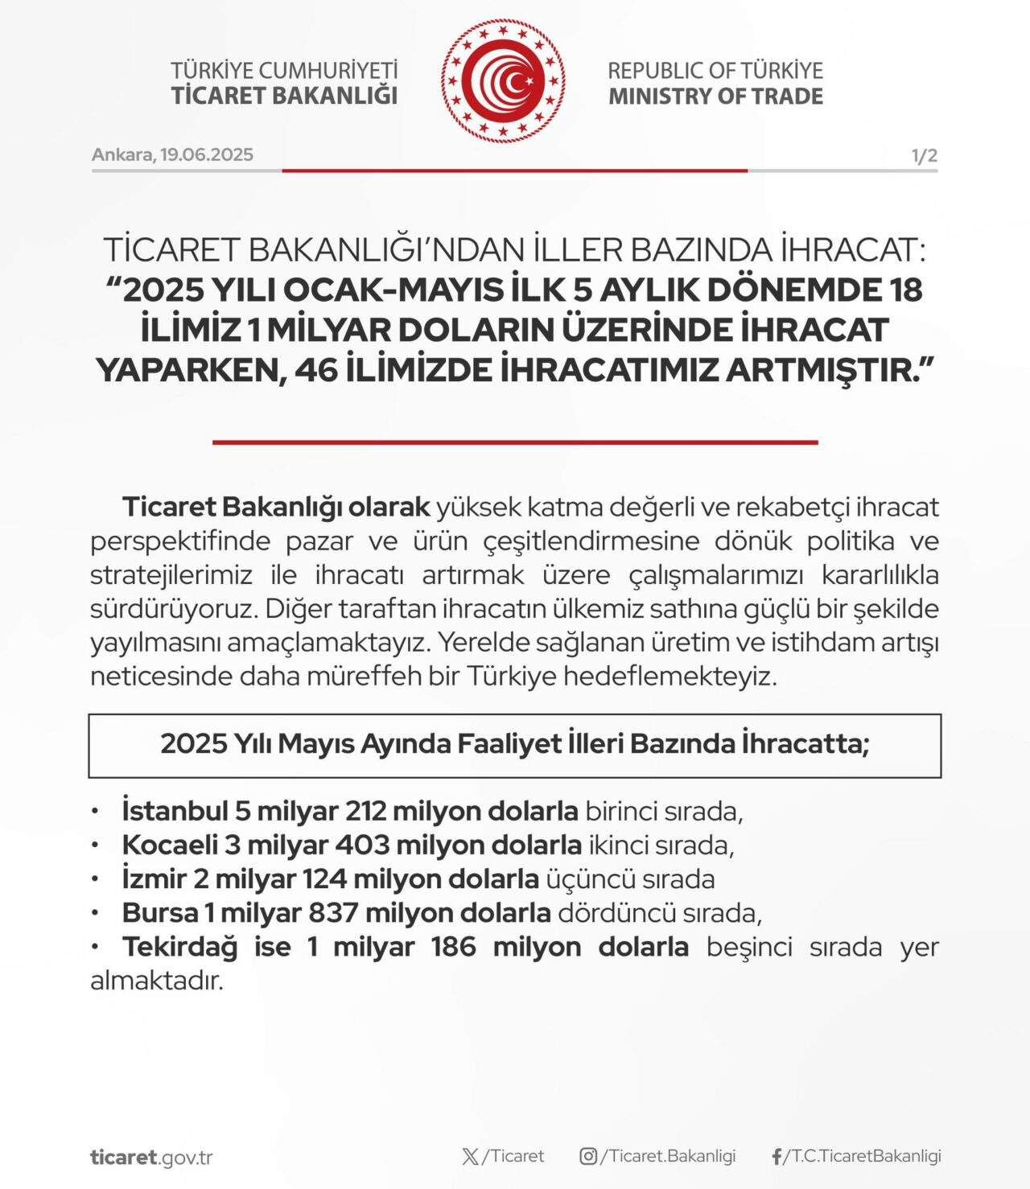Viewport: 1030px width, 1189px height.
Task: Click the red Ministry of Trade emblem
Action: point(503,81)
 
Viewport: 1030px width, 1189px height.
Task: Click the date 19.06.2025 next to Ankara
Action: point(207,154)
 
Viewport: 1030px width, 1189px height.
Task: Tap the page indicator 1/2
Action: point(925,155)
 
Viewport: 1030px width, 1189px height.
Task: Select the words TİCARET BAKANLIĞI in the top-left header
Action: point(284,96)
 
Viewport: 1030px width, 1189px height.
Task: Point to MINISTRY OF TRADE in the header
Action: point(715,97)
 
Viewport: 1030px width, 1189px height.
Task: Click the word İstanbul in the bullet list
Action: point(174,811)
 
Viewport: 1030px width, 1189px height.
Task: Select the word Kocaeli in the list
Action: point(170,845)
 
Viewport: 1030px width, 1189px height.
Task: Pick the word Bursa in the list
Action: point(160,913)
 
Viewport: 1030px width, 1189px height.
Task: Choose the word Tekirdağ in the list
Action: point(179,947)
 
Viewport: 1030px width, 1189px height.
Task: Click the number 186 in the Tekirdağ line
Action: point(453,947)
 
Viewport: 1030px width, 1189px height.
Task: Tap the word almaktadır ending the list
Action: point(156,981)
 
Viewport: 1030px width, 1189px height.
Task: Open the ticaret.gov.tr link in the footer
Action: point(151,1158)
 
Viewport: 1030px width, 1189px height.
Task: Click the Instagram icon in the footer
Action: point(588,1156)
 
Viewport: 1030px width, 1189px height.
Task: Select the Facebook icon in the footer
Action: point(777,1157)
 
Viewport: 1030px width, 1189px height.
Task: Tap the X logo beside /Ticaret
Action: point(471,1157)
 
